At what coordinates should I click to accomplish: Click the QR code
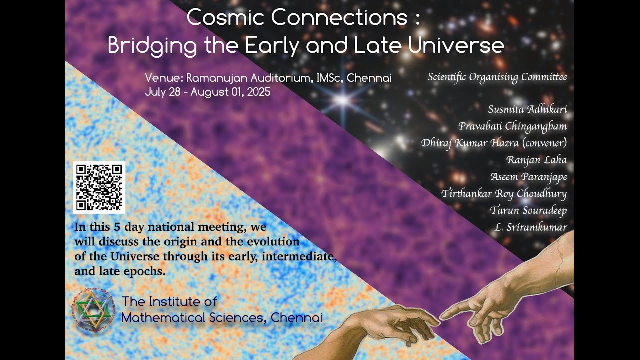tap(99, 187)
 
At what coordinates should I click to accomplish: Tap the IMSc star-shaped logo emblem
tap(93, 310)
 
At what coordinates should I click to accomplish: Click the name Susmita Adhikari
tap(527, 109)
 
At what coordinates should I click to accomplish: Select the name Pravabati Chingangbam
tap(512, 126)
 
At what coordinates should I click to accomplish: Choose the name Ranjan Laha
tap(537, 160)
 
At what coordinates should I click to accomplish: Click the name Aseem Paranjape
tap(529, 177)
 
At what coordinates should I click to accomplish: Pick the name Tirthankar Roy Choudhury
tap(504, 193)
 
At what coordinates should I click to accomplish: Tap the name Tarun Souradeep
tap(528, 210)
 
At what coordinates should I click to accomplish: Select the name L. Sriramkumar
tap(531, 227)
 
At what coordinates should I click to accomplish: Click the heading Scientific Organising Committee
tap(497, 77)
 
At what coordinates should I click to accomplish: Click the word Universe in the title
tap(456, 45)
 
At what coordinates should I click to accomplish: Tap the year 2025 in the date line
tap(259, 92)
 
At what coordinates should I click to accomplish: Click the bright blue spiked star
tap(343, 99)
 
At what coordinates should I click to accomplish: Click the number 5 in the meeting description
tap(117, 227)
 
